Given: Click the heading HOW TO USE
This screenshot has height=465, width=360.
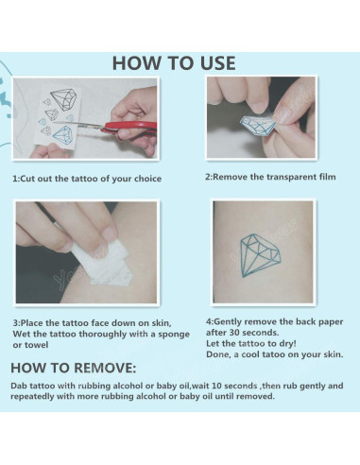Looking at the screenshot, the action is point(174,63).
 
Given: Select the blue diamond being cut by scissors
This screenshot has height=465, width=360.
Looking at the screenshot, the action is point(63,136).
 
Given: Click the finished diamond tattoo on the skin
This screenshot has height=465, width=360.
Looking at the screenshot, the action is point(260,255).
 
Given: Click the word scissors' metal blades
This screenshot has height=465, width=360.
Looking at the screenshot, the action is point(79,125).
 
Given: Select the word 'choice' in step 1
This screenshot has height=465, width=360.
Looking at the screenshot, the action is point(147,179).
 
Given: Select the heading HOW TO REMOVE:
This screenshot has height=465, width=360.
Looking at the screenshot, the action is point(74,368).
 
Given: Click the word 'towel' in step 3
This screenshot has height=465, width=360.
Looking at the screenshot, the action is point(36,345).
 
